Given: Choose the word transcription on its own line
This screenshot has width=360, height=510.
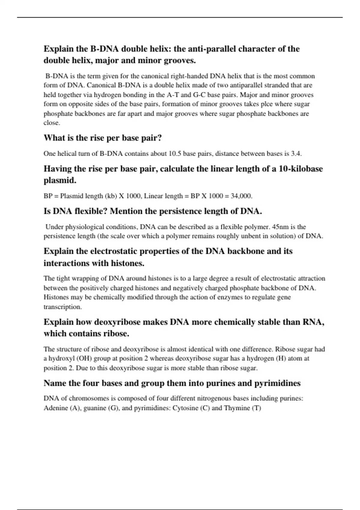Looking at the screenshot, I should click(x=63, y=307).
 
